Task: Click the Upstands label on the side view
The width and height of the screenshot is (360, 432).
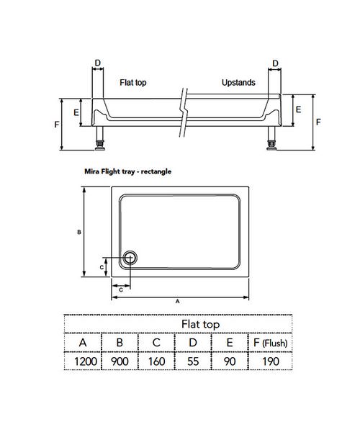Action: point(238,83)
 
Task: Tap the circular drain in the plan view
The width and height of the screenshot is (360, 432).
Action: point(131,258)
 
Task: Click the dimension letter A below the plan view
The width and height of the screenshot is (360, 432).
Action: point(177,302)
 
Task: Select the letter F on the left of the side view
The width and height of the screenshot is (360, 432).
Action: point(57,125)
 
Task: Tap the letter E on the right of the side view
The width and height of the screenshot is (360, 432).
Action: point(297,109)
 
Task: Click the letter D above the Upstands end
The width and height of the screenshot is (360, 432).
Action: point(274,63)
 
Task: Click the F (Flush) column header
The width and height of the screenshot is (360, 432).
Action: point(269,343)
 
